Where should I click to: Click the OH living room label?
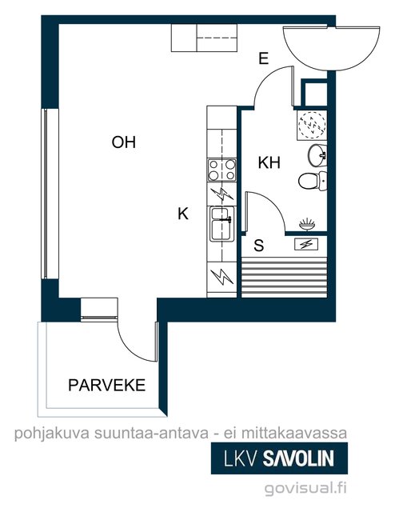point(123,142)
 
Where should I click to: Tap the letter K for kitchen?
point(183,214)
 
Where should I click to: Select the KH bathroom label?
point(269,162)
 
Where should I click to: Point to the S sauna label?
point(259,246)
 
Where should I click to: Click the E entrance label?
point(263,58)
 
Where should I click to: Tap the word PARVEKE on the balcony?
point(107,386)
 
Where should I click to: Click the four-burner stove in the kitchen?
point(222,170)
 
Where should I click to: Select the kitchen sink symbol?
point(222,224)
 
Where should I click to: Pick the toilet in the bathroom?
point(313,181)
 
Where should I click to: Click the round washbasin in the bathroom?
point(317,155)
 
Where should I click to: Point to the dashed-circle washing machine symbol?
point(312,126)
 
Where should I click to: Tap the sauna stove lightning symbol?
point(306,244)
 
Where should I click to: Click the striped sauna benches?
point(284,277)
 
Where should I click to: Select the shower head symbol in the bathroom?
point(307,224)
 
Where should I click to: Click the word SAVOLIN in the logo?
point(299,458)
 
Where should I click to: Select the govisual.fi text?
point(305,489)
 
